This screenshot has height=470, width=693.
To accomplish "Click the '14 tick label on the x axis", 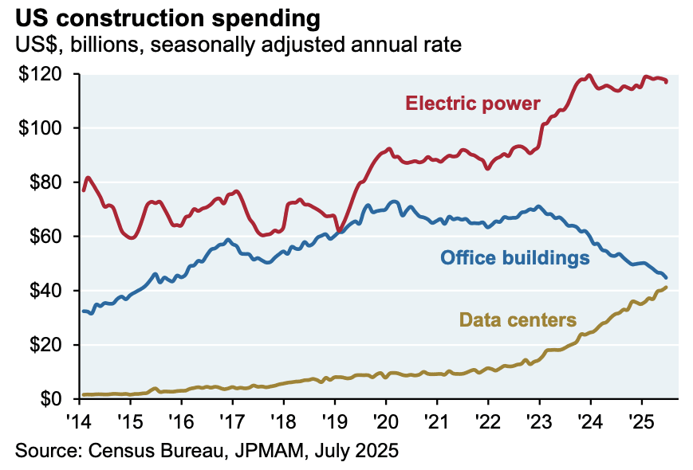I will (79, 419).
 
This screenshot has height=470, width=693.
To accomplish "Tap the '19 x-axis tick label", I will (334, 419).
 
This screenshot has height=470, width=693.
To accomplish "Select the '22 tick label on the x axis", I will (487, 419).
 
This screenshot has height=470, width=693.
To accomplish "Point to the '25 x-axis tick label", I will (640, 419).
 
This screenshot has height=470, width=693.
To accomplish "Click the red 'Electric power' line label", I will (473, 104).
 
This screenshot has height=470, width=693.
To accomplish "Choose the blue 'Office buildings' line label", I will (515, 257).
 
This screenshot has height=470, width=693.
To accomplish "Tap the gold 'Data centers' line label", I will (518, 321).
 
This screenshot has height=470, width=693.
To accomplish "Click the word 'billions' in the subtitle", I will (100, 45).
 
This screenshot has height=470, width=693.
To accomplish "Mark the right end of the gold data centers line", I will (666, 287).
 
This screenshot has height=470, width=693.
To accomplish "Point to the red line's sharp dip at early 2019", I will (340, 231).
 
